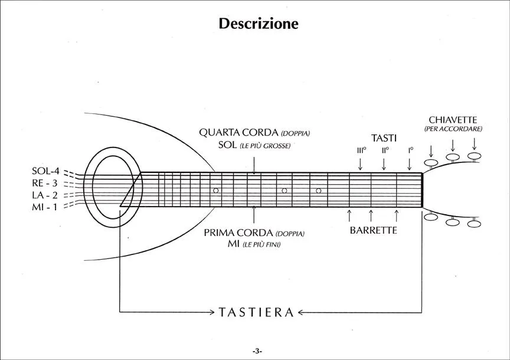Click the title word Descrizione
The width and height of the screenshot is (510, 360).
click(259, 24)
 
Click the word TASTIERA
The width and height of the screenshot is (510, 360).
click(256, 313)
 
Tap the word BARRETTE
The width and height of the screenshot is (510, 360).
click(373, 231)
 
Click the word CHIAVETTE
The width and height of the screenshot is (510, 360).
click(453, 120)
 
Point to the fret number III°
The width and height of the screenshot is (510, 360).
click(361, 150)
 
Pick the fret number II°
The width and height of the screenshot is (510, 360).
click(385, 150)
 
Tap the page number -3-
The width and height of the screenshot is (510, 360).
click(257, 351)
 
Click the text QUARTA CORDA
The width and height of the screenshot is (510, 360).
click(234, 133)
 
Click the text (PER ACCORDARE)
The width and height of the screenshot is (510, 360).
click(453, 129)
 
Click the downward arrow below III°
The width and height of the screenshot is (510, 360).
click(361, 163)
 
